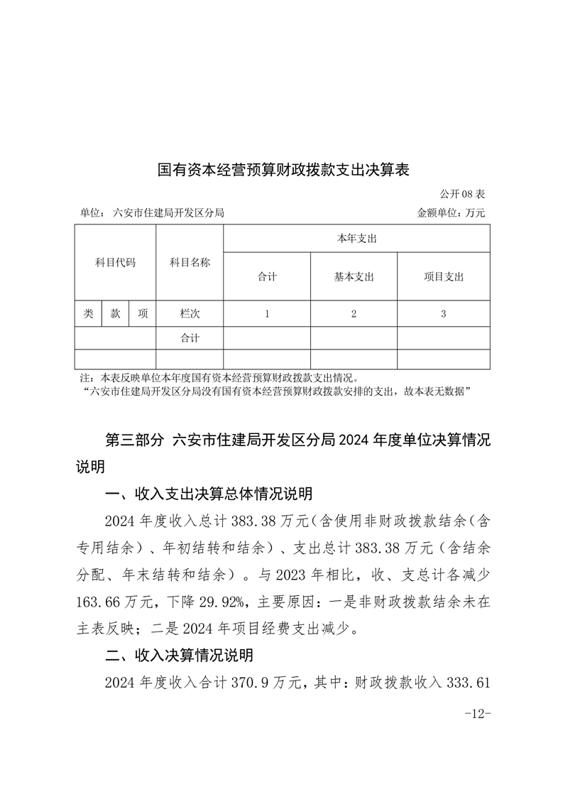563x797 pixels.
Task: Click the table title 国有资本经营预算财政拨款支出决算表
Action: [x=283, y=170]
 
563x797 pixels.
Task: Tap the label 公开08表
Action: [x=462, y=194]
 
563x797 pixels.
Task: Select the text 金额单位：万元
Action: [x=451, y=212]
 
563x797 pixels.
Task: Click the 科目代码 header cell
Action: [x=115, y=262]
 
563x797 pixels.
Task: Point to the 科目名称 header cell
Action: [x=190, y=262]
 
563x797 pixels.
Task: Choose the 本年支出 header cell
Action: [x=356, y=239]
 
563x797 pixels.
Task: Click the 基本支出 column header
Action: [x=354, y=276]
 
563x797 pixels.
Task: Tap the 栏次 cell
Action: [x=190, y=313]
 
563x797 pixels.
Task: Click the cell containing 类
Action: [x=88, y=313]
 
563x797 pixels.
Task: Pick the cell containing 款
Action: [x=115, y=313]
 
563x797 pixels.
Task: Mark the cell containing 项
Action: [x=143, y=313]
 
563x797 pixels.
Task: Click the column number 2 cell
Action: [x=354, y=313]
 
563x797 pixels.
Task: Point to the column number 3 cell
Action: [x=443, y=313]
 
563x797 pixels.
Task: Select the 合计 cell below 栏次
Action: [x=190, y=338]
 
